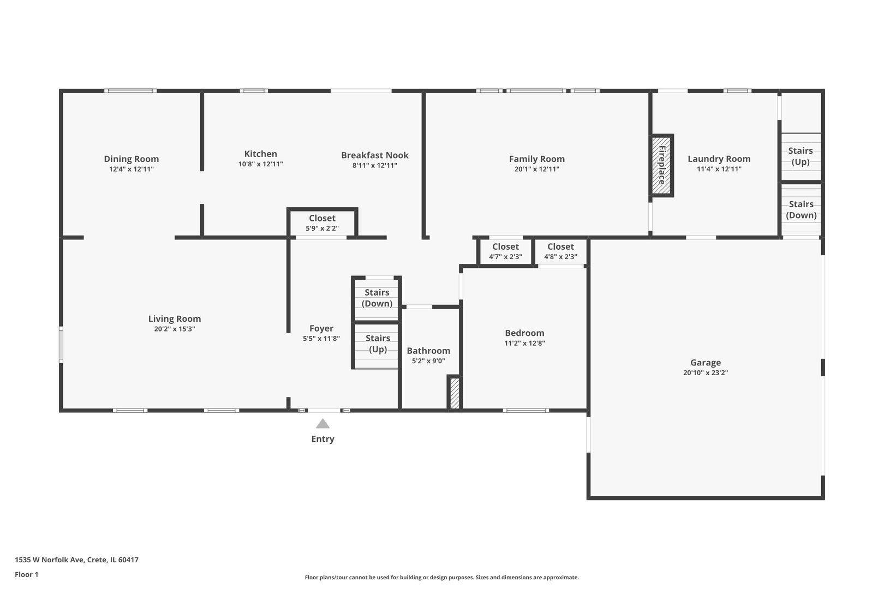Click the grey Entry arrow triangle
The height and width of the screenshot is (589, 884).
322,424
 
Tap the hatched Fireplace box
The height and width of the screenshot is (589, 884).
661,165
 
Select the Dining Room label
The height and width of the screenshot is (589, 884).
132,159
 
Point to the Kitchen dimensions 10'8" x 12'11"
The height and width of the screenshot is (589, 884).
260,164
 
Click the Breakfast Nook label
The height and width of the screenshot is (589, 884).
375,155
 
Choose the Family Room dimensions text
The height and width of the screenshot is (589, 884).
537,169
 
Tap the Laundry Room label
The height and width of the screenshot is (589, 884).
719,159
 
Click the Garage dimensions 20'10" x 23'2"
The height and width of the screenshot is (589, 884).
706,373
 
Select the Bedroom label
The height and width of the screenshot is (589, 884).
524,333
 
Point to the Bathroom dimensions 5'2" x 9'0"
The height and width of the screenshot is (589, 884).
428,361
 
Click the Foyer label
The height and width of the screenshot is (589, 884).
321,328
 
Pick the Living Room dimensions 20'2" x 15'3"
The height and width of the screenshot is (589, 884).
175,329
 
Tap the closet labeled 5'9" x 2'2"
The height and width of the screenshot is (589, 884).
322,223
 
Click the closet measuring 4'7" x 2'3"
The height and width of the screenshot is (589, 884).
505,252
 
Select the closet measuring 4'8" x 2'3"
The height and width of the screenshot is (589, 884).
561,252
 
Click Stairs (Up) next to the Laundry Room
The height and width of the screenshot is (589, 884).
801,156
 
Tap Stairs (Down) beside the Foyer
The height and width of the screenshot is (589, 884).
377,298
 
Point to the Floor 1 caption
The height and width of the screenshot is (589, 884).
26,574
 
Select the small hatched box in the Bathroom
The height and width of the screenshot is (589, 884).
455,393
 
